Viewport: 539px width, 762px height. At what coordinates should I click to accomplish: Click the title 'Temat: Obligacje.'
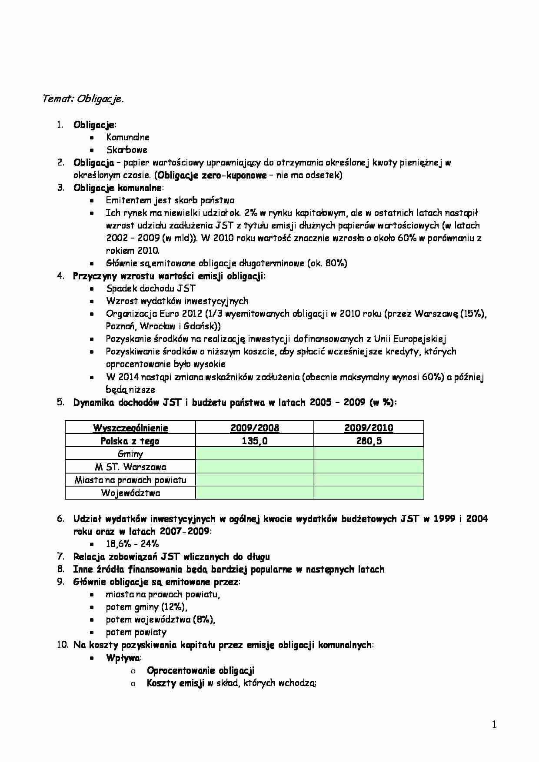[x=83, y=99]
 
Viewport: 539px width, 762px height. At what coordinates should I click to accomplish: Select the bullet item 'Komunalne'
[x=128, y=137]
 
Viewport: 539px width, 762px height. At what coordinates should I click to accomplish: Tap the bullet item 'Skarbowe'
[x=127, y=150]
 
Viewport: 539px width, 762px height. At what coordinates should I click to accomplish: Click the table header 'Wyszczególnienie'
[x=130, y=428]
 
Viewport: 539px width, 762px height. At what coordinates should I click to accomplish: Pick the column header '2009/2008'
[x=255, y=428]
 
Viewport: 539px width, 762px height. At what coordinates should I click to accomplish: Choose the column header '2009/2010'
[x=369, y=428]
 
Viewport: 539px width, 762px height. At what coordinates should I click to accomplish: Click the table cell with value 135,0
[x=255, y=441]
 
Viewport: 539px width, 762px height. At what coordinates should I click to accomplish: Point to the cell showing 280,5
[x=369, y=441]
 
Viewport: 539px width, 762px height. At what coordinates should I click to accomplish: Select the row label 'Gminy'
[x=130, y=454]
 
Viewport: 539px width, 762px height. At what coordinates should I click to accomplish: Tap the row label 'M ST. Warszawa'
[x=130, y=467]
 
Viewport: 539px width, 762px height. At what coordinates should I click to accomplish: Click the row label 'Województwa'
[x=130, y=493]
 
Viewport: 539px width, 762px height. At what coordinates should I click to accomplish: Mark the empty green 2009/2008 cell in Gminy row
[x=255, y=454]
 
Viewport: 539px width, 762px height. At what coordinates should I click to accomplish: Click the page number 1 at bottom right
[x=494, y=724]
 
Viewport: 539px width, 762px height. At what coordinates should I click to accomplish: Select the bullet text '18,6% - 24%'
[x=132, y=544]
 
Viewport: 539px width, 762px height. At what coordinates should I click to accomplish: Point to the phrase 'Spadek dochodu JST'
[x=151, y=288]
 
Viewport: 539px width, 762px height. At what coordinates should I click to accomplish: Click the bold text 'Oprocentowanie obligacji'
[x=200, y=671]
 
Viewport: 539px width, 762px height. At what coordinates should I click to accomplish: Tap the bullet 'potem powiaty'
[x=136, y=633]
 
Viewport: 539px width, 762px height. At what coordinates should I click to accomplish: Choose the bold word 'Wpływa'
[x=120, y=658]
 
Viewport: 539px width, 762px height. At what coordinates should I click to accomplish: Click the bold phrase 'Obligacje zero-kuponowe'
[x=212, y=176]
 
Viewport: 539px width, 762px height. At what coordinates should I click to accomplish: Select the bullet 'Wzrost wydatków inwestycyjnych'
[x=177, y=301]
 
